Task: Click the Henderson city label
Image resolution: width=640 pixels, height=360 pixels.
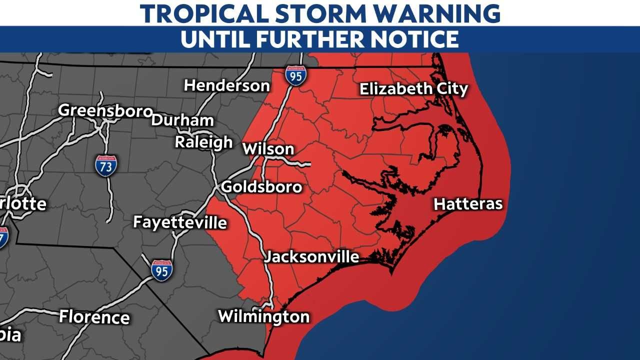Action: pyautogui.click(x=227, y=85)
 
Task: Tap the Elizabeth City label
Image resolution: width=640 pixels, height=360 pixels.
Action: pyautogui.click(x=414, y=89)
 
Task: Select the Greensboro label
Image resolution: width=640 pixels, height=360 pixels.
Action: pyautogui.click(x=105, y=110)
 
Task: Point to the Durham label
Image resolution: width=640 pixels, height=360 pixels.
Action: pyautogui.click(x=182, y=120)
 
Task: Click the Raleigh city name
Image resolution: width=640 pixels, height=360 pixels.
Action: pyautogui.click(x=203, y=142)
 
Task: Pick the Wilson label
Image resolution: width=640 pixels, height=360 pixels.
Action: pyautogui.click(x=268, y=149)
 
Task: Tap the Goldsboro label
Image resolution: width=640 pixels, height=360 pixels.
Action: pyautogui.click(x=261, y=187)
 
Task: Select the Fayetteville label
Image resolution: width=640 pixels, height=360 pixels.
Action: pyautogui.click(x=180, y=222)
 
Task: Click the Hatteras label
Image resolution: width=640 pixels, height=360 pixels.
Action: pyautogui.click(x=468, y=204)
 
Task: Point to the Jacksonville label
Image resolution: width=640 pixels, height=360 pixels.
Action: pyautogui.click(x=311, y=257)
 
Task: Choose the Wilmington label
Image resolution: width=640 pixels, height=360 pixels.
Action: pyautogui.click(x=264, y=316)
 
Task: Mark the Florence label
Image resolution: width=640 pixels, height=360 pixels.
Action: pyautogui.click(x=94, y=317)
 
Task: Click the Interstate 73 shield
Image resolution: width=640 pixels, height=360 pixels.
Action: pyautogui.click(x=106, y=165)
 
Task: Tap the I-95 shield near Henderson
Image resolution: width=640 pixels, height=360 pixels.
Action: pyautogui.click(x=296, y=75)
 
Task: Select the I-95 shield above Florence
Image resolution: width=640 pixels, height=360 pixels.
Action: pyautogui.click(x=162, y=270)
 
